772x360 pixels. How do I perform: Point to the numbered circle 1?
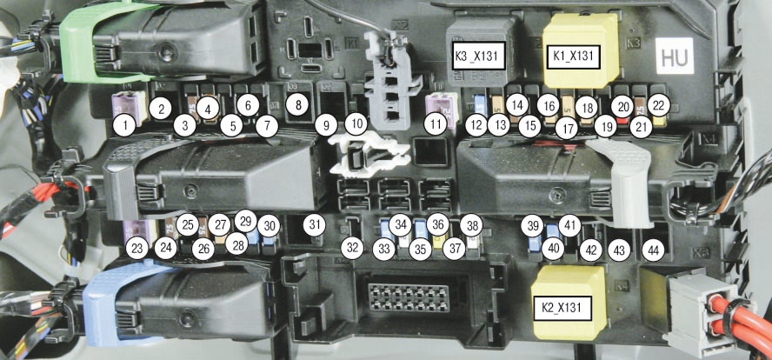[x=125, y=125]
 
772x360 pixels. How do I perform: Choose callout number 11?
[x=436, y=124]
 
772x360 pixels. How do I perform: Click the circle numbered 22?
[x=659, y=105]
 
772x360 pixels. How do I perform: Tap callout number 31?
[x=315, y=225]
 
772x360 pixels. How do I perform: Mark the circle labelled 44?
[x=653, y=250]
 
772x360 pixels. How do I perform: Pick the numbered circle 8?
[x=298, y=105]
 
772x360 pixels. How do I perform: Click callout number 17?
[x=568, y=128]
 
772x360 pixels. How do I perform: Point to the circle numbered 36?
[x=438, y=224]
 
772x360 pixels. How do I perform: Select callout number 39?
[x=532, y=227]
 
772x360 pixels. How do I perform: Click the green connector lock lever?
[x=81, y=43]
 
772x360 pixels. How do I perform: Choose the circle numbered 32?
[x=352, y=248]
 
